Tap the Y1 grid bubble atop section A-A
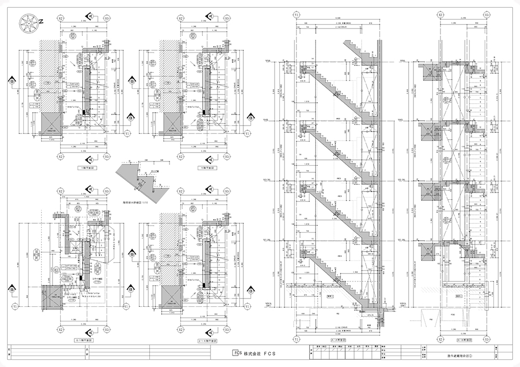tap(296, 16)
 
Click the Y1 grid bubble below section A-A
tap(296, 339)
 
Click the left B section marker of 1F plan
tap(11, 80)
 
